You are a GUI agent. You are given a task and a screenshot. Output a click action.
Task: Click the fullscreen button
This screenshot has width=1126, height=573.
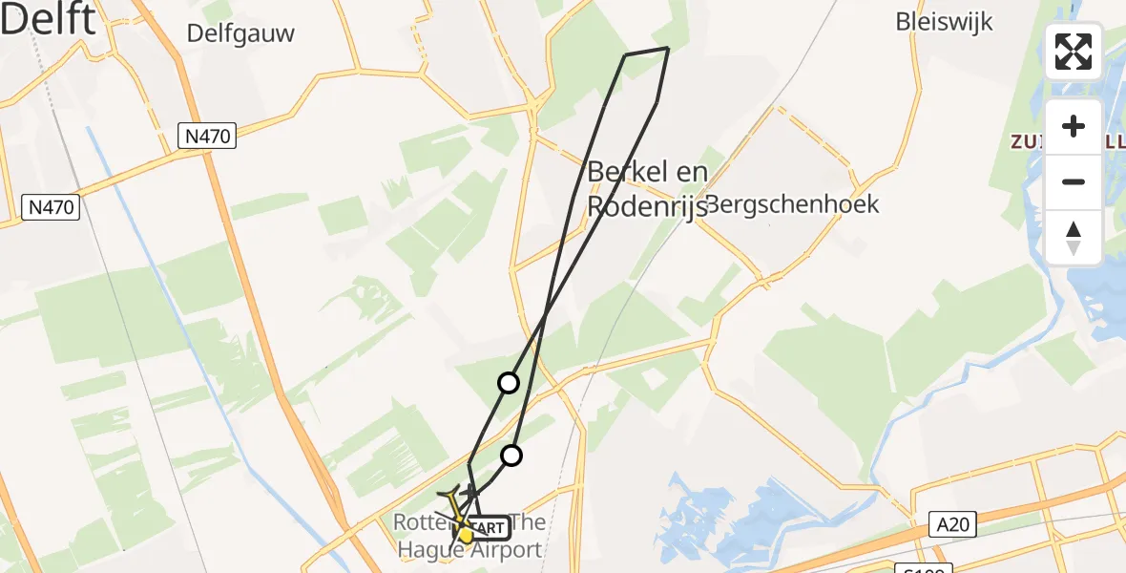1074,52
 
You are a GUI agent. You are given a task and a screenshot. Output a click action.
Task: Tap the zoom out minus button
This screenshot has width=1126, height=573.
1074,181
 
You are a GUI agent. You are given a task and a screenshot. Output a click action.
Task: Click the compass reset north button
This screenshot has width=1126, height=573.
1074,237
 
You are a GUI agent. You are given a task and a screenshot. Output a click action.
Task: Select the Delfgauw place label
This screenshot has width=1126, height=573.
240,33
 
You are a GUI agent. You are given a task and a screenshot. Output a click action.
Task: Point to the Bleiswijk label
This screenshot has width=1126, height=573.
945,21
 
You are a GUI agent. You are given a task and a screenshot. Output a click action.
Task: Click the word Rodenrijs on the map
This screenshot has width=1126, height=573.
646,206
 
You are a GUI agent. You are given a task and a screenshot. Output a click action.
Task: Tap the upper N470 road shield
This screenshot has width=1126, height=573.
207,137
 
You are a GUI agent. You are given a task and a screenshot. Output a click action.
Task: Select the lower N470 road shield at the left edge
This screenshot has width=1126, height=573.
52,206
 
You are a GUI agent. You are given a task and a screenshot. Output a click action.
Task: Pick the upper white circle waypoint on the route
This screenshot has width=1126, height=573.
509,383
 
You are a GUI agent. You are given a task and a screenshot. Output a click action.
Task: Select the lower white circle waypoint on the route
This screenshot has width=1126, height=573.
511,456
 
